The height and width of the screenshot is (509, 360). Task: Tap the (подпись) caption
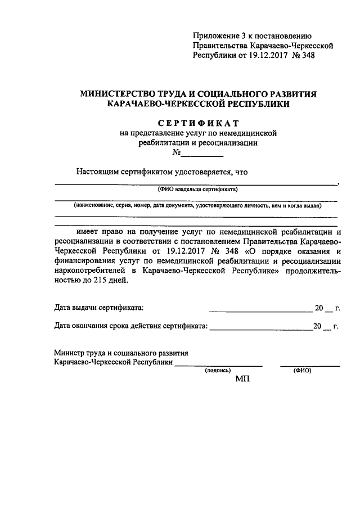(218, 371)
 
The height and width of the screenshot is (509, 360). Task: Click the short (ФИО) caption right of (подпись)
(302, 371)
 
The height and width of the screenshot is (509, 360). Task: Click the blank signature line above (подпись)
(218, 366)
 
